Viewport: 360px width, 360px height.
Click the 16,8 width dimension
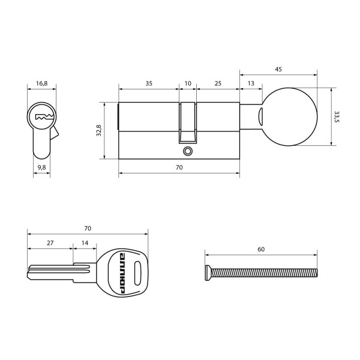pos(41,83)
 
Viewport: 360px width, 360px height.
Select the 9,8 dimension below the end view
pos(41,167)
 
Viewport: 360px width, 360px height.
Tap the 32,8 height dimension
pos(100,130)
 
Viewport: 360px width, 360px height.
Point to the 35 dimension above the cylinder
pos(148,83)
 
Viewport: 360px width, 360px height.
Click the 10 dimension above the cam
pos(188,83)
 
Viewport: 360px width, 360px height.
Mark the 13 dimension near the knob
pos(250,83)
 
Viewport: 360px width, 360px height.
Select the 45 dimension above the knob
pos(278,70)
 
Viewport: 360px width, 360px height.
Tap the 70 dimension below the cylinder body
pos(179,168)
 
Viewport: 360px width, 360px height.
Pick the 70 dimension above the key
pos(88,229)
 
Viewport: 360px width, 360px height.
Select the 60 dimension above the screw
pos(261,249)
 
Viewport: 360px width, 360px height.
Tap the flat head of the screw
pos(208,272)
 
